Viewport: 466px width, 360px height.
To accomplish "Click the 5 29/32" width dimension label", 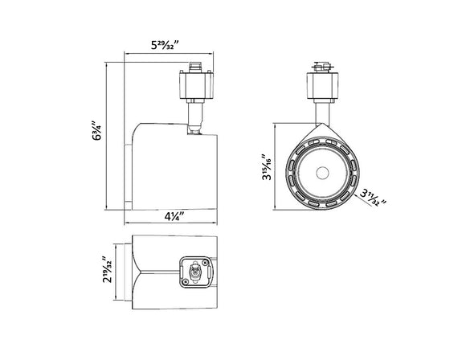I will coord(174,46).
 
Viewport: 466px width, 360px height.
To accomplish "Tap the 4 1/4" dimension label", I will coord(173,216).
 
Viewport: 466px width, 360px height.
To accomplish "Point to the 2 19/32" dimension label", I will coord(105,270).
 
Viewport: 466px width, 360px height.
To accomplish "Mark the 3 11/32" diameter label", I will coord(372,197).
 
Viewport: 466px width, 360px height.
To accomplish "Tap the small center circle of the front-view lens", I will coord(322,172).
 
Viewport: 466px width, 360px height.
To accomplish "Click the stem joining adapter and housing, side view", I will coord(194,114).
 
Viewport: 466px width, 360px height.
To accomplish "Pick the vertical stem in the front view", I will coord(321,109).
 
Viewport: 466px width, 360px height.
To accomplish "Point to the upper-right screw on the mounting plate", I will coord(207,262).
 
